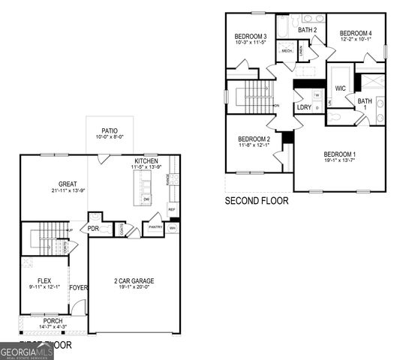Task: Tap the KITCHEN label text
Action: coord(146,161)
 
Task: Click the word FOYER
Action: coord(78,287)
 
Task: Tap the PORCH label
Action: coord(53,321)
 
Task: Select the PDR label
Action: coord(94,229)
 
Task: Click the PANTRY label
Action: coord(155,227)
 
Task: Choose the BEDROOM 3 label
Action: coord(251,37)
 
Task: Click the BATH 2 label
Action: coord(308,30)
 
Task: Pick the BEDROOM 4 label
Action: coord(355,33)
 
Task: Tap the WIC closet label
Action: coord(340,88)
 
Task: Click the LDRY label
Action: coord(304,107)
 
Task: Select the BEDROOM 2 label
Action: coord(254,139)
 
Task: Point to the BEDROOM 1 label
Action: coord(339,154)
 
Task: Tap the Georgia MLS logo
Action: coord(26,351)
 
